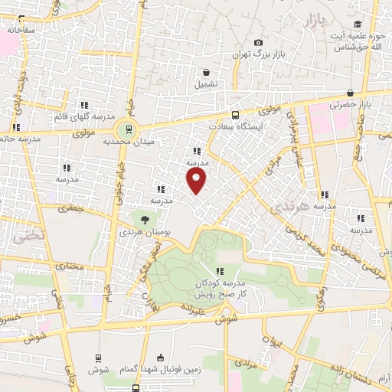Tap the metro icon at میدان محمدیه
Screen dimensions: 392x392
coord(128,129)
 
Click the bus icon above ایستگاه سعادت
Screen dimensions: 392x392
coord(234,109)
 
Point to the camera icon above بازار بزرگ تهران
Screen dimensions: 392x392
coord(258,42)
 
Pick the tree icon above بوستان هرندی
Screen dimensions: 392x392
coord(145,220)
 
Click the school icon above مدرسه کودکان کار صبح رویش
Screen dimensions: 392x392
coord(220,270)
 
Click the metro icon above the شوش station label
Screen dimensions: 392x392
coord(99,358)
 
